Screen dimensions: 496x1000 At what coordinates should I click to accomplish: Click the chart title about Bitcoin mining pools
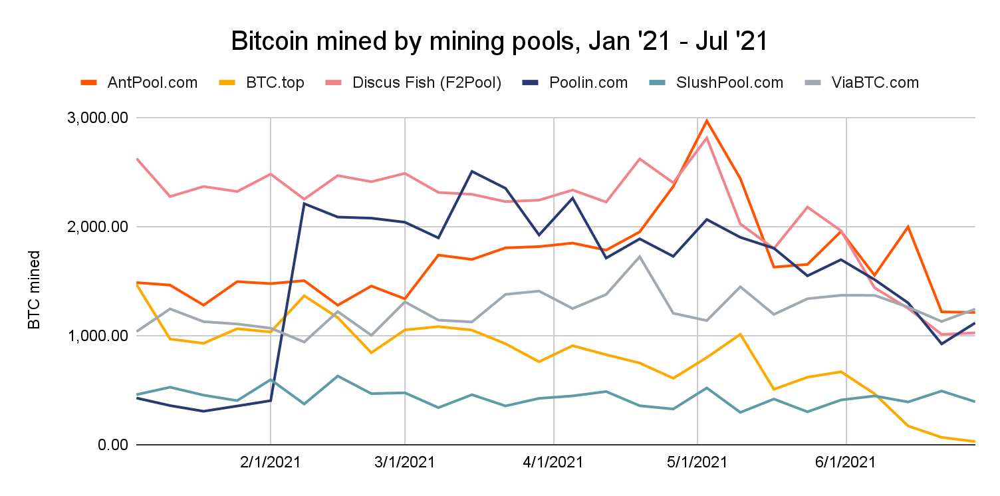[499, 41]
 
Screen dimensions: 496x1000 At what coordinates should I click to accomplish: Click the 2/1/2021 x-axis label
[270, 462]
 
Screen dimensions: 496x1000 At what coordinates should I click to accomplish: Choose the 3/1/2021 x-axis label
[404, 462]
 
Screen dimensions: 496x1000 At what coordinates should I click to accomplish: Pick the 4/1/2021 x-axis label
[553, 462]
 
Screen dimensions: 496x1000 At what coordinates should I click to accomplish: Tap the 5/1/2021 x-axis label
[697, 462]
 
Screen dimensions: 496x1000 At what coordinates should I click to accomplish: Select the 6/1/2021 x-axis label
[845, 462]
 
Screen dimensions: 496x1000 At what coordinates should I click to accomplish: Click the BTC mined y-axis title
[34, 290]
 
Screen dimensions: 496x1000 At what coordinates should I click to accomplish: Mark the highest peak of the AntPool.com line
[707, 120]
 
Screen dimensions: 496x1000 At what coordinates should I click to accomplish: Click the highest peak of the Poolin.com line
[471, 171]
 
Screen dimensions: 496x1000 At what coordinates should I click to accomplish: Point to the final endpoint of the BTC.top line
[975, 441]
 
